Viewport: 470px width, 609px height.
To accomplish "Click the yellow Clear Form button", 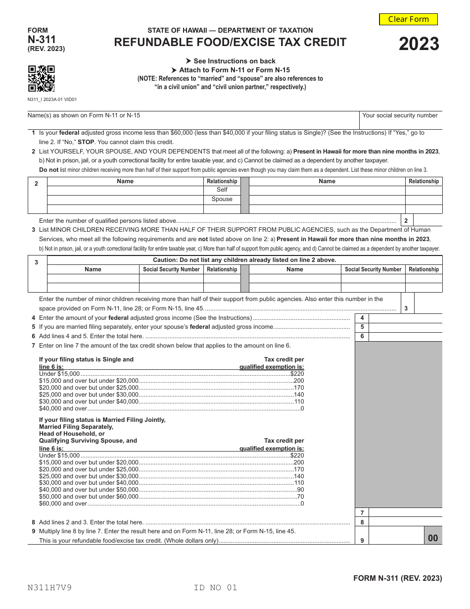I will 408,19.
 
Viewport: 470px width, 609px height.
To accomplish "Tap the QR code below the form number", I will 41,79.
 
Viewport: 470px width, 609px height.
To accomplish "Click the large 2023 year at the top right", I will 419,45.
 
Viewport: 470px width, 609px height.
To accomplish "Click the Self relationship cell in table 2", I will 222,190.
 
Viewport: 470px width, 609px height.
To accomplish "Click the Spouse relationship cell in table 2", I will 222,199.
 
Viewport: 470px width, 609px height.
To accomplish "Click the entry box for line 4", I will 405,318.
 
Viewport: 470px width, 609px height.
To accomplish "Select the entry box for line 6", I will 405,337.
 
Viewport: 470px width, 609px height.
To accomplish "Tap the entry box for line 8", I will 405,522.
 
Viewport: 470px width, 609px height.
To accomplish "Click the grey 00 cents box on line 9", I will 433,538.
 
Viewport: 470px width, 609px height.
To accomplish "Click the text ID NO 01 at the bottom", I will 216,588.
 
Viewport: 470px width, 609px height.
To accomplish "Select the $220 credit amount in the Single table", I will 297,373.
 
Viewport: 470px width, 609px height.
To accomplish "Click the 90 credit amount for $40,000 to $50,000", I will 300,490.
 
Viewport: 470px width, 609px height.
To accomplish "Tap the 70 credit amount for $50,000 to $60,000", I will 300,497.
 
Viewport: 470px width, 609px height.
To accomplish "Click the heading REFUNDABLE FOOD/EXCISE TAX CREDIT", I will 230,43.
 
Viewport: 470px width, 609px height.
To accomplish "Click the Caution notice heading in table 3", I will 244,260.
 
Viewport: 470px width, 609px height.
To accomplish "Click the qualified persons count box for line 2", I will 427,221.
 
